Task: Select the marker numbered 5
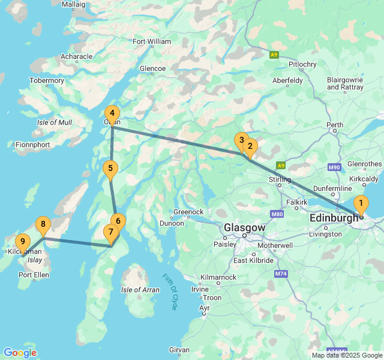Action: click(x=109, y=169)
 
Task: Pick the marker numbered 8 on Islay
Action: click(x=43, y=225)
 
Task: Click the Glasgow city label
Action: click(x=244, y=228)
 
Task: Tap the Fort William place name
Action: click(x=152, y=41)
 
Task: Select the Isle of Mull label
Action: click(x=55, y=122)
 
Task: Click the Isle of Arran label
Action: click(x=140, y=290)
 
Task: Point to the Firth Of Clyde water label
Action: click(x=170, y=292)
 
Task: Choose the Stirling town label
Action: click(x=280, y=179)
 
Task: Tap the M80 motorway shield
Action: click(x=277, y=214)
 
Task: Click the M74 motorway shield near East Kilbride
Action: click(x=280, y=274)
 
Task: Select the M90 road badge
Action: click(x=335, y=167)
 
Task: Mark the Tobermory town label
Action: click(x=47, y=80)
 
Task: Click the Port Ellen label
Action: click(x=33, y=275)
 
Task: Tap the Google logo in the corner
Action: click(x=20, y=353)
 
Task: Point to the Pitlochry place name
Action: click(x=302, y=64)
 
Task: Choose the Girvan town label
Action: click(x=179, y=349)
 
